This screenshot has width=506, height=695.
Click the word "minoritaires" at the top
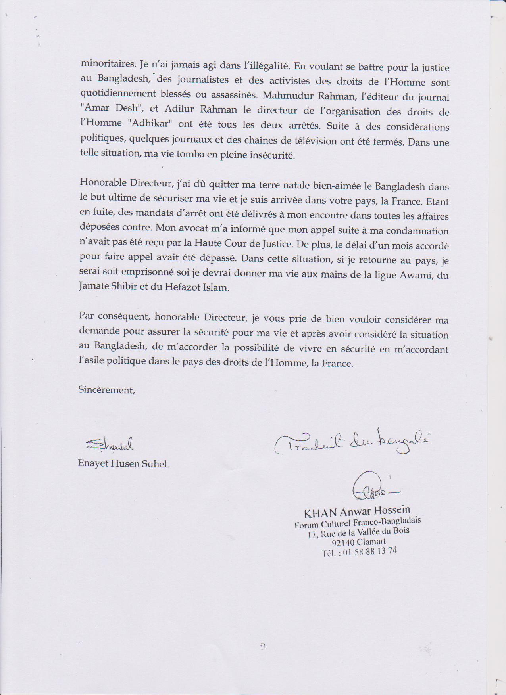[104, 63]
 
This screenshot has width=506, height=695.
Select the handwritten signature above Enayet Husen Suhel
[110, 445]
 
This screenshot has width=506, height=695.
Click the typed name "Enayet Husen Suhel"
[123, 464]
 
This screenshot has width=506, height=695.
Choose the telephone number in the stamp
[359, 552]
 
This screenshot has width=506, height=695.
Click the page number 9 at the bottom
[263, 646]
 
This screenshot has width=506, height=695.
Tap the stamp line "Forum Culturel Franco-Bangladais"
[358, 523]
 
